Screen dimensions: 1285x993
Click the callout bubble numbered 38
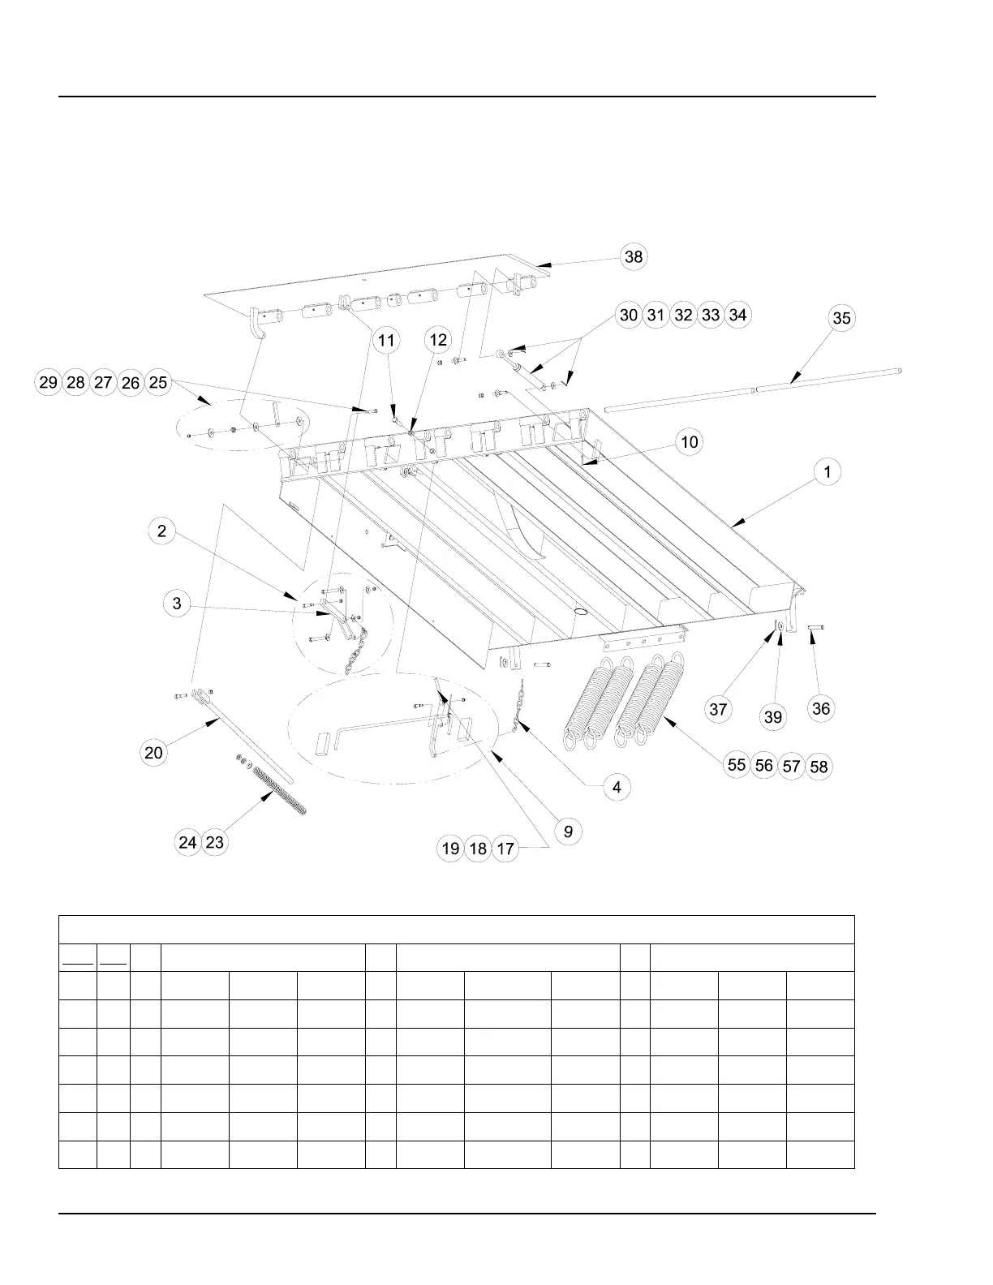(x=633, y=257)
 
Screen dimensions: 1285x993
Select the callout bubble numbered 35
(x=842, y=318)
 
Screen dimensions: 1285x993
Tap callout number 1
(x=827, y=472)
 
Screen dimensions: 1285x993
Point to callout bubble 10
(x=689, y=442)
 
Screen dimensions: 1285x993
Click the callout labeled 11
(x=386, y=341)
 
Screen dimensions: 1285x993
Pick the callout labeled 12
(x=438, y=341)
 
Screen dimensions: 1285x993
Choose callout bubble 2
(x=162, y=531)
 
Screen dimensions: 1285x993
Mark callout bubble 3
(x=177, y=604)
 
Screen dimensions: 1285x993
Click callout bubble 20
(x=153, y=753)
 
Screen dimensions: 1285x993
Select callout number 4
(x=617, y=787)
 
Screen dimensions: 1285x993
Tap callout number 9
(x=568, y=832)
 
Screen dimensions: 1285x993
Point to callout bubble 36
(x=821, y=708)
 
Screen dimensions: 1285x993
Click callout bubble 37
(x=718, y=710)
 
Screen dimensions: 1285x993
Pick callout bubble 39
(x=773, y=716)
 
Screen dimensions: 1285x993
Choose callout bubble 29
(x=48, y=382)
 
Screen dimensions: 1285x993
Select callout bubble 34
(x=737, y=315)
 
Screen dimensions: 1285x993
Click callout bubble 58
(x=819, y=767)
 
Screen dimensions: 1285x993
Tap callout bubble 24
(x=187, y=843)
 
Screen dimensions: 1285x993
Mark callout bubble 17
(x=505, y=849)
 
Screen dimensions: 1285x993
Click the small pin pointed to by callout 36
(x=816, y=627)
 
